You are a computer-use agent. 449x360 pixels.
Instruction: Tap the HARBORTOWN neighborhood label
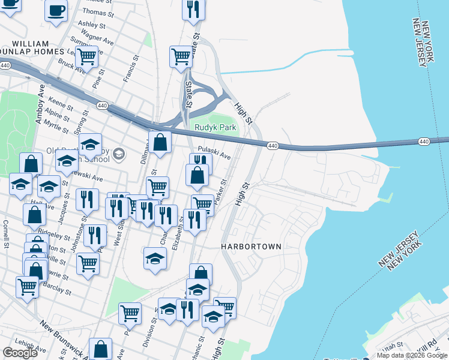[251, 247]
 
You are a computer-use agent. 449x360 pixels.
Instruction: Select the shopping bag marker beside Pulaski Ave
[197, 175]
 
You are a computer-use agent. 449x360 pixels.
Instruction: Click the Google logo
[20, 353]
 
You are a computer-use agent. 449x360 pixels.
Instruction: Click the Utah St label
[397, 346]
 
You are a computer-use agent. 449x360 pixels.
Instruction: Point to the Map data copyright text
[412, 355]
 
